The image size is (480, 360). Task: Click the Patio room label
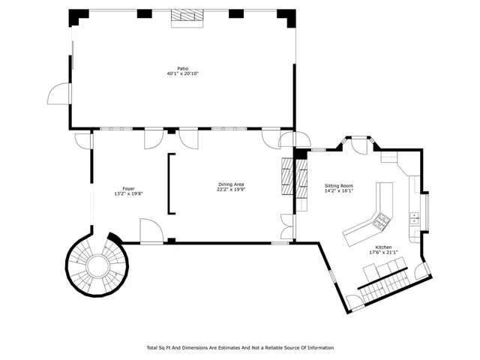pyautogui.click(x=183, y=68)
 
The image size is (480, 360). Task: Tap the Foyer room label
pyautogui.click(x=128, y=189)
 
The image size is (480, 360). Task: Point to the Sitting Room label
pyautogui.click(x=339, y=186)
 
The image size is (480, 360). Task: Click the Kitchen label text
pyautogui.click(x=383, y=247)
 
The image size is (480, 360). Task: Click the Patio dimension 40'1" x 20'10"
pyautogui.click(x=183, y=73)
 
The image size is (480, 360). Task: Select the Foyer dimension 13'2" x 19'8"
pyautogui.click(x=128, y=193)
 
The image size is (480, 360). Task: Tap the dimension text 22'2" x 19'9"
pyautogui.click(x=231, y=189)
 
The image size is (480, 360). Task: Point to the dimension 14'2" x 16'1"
pyautogui.click(x=339, y=190)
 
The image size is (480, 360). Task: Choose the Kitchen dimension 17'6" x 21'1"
pyautogui.click(x=383, y=253)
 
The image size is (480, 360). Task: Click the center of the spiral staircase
pyautogui.click(x=97, y=265)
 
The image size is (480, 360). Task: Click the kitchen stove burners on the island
pyautogui.click(x=382, y=222)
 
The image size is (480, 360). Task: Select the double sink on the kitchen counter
pyautogui.click(x=414, y=218)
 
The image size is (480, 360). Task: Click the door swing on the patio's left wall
pyautogui.click(x=59, y=94)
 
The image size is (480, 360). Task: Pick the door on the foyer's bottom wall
pyautogui.click(x=151, y=231)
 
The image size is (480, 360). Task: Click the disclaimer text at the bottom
pyautogui.click(x=240, y=348)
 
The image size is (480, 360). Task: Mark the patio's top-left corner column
pyautogui.click(x=78, y=17)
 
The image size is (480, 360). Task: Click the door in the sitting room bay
pyautogui.click(x=359, y=146)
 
